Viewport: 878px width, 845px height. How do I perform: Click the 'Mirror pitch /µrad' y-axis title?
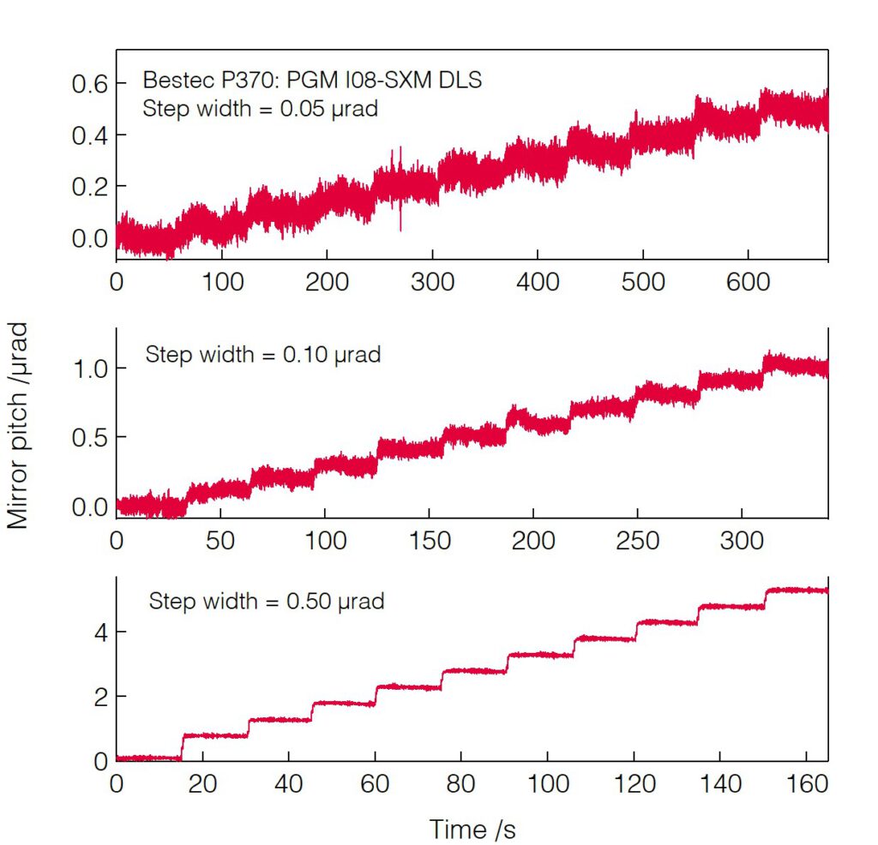[x=20, y=425]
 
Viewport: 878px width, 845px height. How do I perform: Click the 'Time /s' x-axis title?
[x=473, y=829]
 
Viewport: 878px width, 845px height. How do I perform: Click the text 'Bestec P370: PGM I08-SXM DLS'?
[x=313, y=81]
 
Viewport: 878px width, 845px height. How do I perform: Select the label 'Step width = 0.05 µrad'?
[x=260, y=110]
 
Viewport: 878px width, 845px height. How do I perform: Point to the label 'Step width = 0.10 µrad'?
[x=263, y=354]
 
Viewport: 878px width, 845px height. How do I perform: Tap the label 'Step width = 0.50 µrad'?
[x=267, y=601]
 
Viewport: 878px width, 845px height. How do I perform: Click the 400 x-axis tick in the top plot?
[x=538, y=282]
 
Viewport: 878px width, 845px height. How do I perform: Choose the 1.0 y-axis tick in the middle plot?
[x=87, y=369]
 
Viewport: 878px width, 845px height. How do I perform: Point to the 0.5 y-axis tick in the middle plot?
[x=87, y=438]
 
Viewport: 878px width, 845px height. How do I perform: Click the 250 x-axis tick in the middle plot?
[x=638, y=541]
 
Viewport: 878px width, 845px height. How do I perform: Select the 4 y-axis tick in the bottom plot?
[x=99, y=632]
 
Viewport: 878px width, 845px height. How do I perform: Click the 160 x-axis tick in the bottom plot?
[x=806, y=784]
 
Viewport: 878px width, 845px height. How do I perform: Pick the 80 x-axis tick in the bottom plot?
[x=461, y=784]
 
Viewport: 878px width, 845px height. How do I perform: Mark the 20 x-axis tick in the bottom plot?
[x=202, y=784]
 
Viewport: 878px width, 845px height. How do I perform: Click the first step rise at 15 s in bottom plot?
[x=182, y=746]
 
